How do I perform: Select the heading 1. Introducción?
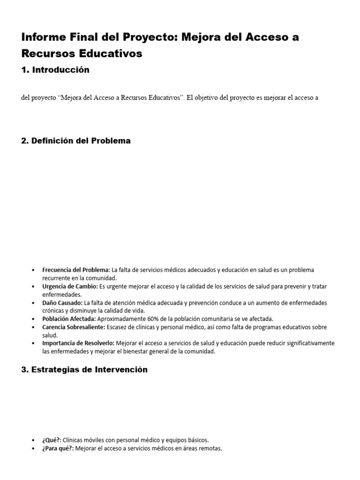tap(55, 70)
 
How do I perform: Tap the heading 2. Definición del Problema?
tap(76, 141)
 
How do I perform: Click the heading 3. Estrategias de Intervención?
tap(84, 369)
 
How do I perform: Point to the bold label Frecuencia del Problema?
tap(76, 270)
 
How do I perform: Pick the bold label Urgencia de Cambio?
tap(70, 286)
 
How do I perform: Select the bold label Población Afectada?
tap(69, 319)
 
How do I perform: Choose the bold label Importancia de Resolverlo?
tap(78, 343)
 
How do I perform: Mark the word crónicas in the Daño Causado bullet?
tap(53, 310)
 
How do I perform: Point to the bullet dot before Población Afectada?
tap(32, 319)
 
